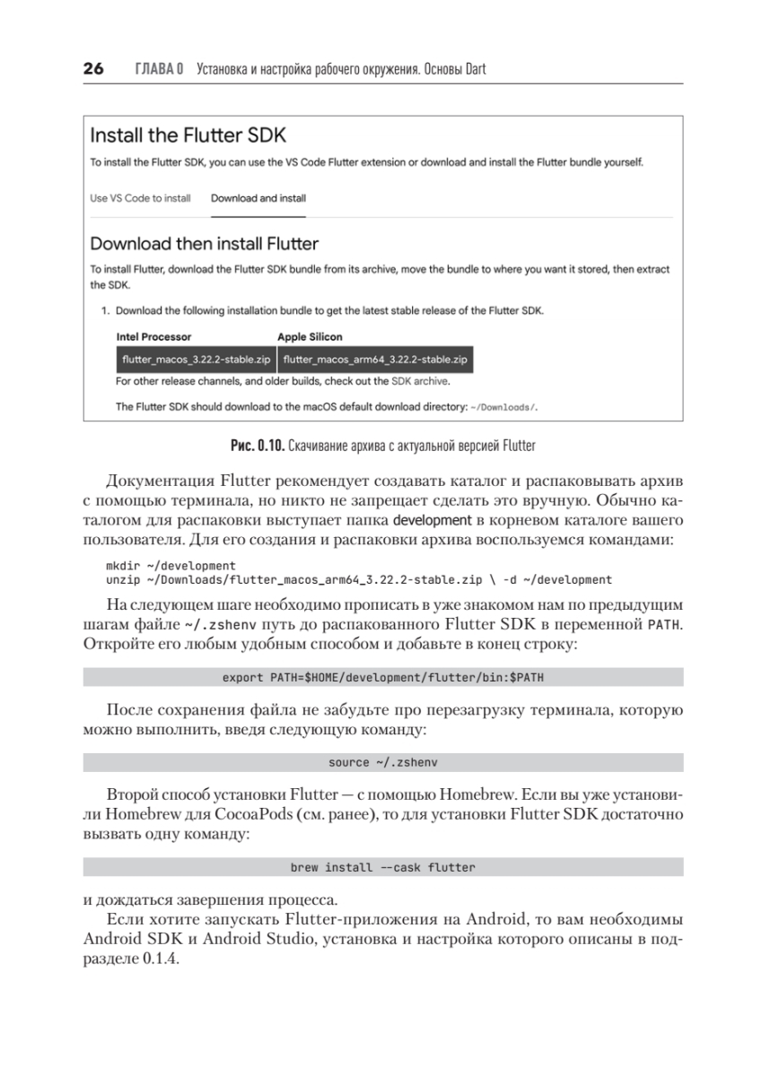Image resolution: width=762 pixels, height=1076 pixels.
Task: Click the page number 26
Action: [x=93, y=68]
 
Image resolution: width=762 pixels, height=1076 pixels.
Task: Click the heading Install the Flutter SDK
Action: [x=188, y=136]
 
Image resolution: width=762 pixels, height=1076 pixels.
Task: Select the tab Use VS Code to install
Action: [x=140, y=198]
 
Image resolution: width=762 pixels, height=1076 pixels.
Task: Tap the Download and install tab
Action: [x=258, y=198]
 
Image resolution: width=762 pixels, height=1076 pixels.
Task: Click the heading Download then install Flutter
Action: [x=205, y=243]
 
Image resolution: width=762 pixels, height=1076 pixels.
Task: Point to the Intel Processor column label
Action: [x=153, y=337]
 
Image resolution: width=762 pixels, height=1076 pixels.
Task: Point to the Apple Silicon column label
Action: [x=310, y=337]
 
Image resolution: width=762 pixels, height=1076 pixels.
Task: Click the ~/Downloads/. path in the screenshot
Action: [x=504, y=407]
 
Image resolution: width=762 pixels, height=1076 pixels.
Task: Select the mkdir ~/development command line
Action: [x=171, y=566]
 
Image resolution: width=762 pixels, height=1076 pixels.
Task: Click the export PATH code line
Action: [x=383, y=677]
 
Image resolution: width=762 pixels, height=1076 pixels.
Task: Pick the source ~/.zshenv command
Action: [x=383, y=762]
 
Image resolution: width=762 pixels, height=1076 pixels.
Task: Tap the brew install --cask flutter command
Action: [x=383, y=867]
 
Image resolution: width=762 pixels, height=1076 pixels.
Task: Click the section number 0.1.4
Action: [x=161, y=958]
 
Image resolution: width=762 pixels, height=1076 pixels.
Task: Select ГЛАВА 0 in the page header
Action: [x=159, y=69]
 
